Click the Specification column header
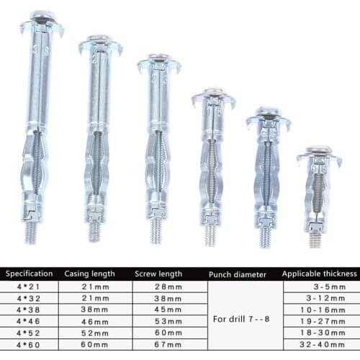pos(29,274)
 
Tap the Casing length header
pos(89,274)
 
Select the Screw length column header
pos(158,274)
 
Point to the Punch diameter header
pos(238,275)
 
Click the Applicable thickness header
pos(320,274)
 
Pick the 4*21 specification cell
pos(28,287)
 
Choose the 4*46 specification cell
pos(28,321)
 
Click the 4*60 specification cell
pos(28,345)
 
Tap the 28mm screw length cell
pos(168,287)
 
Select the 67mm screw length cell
pos(168,345)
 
